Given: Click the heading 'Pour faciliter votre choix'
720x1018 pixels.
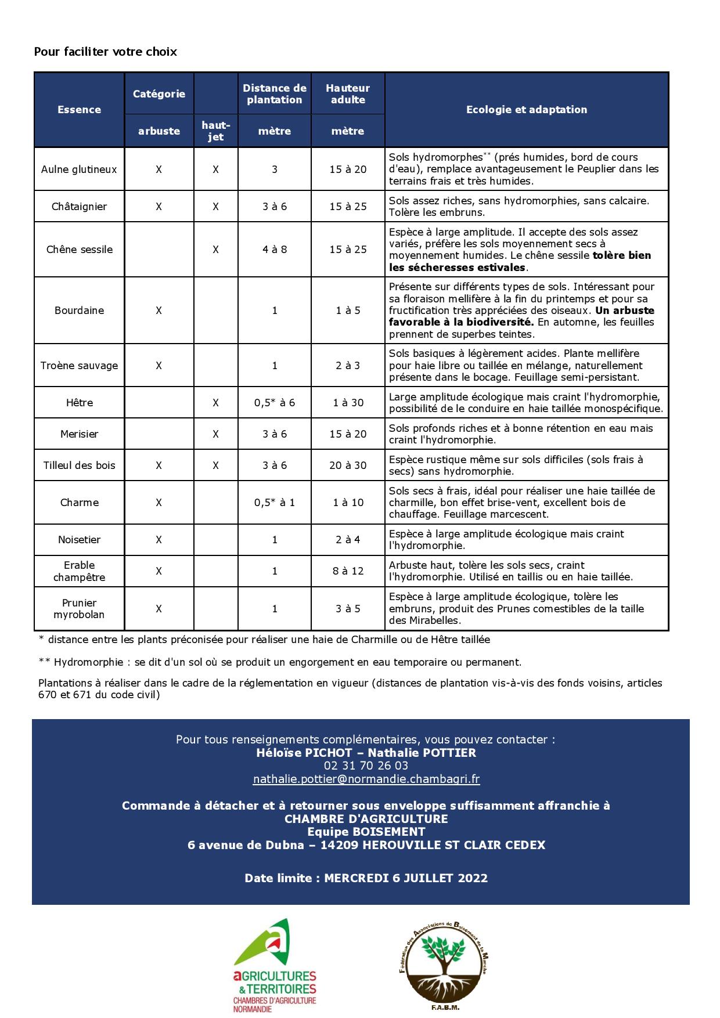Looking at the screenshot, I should (x=105, y=52).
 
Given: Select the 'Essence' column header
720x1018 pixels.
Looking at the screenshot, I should (x=79, y=110).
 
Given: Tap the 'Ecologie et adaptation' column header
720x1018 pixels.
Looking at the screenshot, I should (x=526, y=110).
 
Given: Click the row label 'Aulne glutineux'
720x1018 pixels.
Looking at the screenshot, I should (x=79, y=169).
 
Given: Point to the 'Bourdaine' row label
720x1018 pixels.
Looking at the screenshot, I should (x=79, y=311).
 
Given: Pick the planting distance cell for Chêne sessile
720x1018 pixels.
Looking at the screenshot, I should (x=275, y=250).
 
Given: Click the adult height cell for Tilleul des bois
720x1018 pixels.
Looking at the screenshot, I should (x=348, y=465).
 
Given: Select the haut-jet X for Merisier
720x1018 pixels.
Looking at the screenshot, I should (x=215, y=434).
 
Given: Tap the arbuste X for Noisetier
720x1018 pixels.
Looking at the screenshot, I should (x=159, y=540).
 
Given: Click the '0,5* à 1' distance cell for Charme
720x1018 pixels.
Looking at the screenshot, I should (x=275, y=503).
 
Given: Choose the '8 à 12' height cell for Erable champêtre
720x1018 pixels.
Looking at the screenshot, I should (x=348, y=571).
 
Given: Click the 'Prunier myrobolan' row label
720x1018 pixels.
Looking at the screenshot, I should (x=79, y=609).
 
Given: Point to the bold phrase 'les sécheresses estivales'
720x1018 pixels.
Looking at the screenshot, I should (x=458, y=268).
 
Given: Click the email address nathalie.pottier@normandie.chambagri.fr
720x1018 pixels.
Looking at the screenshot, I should (x=366, y=779).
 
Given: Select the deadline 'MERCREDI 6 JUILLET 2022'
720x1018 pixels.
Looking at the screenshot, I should (x=405, y=878).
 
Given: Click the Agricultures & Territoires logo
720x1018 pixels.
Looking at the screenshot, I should (x=275, y=964).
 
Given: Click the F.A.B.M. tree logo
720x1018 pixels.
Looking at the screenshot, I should (x=445, y=964).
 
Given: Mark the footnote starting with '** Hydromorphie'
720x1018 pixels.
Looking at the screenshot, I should (x=280, y=662).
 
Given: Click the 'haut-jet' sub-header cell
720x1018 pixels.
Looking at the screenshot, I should (x=215, y=131).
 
